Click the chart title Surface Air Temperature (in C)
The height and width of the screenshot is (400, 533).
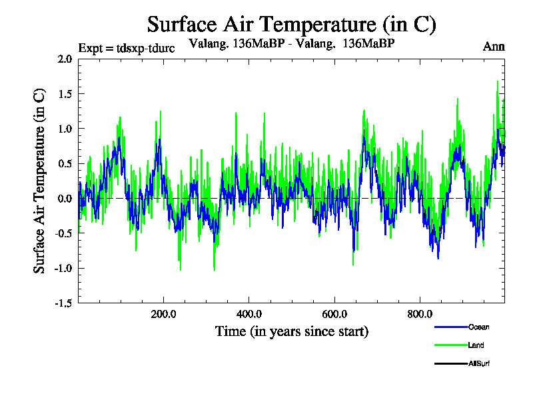pyautogui.click(x=291, y=25)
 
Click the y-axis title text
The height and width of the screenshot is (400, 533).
pyautogui.click(x=40, y=181)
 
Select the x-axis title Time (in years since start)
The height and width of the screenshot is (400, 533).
pyautogui.click(x=291, y=331)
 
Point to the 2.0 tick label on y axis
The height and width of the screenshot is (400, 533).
pyautogui.click(x=65, y=59)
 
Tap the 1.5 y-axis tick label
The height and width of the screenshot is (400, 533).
pyautogui.click(x=65, y=93)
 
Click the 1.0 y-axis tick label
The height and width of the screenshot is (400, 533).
pyautogui.click(x=65, y=129)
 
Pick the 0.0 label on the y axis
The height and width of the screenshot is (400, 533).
pyautogui.click(x=65, y=199)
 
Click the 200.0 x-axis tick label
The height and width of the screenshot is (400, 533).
pyautogui.click(x=163, y=314)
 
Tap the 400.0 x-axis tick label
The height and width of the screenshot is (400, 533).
pyautogui.click(x=249, y=314)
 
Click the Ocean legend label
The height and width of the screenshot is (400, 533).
pyautogui.click(x=478, y=327)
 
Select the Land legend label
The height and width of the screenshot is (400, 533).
pyautogui.click(x=476, y=345)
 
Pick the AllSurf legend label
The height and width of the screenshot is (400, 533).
pyautogui.click(x=479, y=363)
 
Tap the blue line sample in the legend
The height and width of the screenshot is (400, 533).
pyautogui.click(x=450, y=327)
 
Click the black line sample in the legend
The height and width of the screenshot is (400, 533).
pyautogui.click(x=450, y=363)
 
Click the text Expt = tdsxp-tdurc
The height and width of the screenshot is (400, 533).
pyautogui.click(x=126, y=48)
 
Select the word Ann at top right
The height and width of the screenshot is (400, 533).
pyautogui.click(x=494, y=47)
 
